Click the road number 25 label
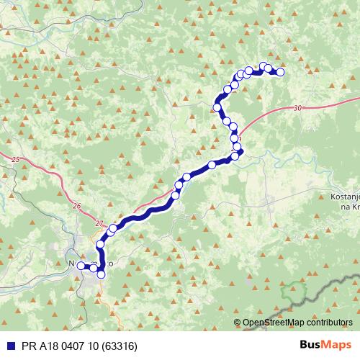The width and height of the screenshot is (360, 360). point(17,158)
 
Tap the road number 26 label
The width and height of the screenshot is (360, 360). point(77,206)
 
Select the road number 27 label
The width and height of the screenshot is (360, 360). point(99,224)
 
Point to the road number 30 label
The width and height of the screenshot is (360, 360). point(297,108)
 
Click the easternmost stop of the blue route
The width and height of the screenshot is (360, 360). point(280,72)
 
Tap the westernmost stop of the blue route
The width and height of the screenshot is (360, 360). point(81,265)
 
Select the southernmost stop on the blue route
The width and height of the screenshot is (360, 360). point(101,274)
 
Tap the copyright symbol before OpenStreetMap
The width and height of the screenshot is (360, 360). point(238,323)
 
